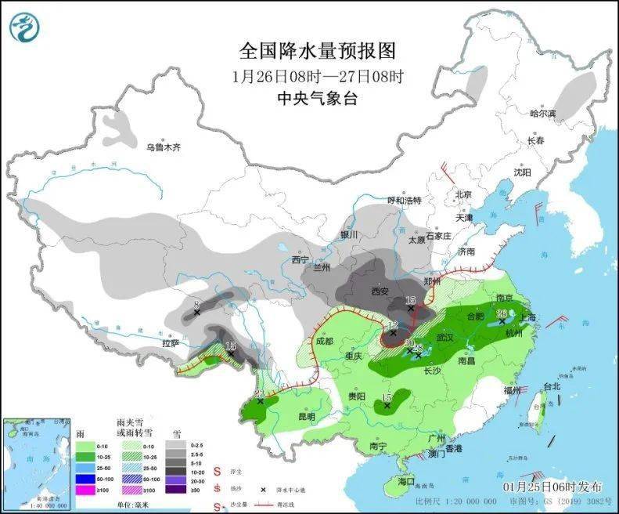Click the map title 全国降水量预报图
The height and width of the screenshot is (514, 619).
pyautogui.click(x=318, y=52)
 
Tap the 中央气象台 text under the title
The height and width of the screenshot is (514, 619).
pyautogui.click(x=318, y=98)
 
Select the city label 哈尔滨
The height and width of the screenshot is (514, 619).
pyautogui.click(x=542, y=114)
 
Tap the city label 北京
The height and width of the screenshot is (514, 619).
pyautogui.click(x=463, y=194)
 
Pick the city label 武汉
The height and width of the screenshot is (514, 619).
pyautogui.click(x=444, y=338)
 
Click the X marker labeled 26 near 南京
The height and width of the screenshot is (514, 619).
pyautogui.click(x=502, y=321)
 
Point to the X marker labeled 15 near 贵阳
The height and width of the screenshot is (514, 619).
pyautogui.click(x=387, y=406)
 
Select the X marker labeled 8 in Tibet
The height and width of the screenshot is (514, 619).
pyautogui.click(x=196, y=313)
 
